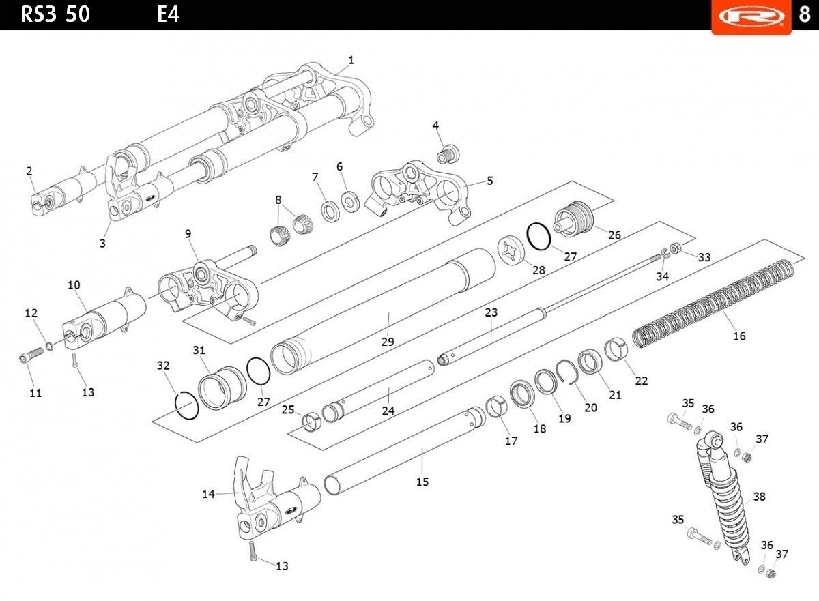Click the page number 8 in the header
(805, 15)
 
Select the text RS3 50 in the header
(55, 14)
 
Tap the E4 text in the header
(168, 14)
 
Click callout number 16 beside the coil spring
(739, 336)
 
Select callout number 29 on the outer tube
(388, 340)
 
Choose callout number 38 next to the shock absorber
(759, 497)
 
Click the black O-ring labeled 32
(187, 407)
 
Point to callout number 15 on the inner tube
(422, 482)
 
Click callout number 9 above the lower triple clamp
(188, 233)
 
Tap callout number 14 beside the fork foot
(209, 494)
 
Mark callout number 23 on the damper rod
(491, 312)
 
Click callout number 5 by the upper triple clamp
(489, 181)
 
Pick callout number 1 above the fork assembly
(351, 60)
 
